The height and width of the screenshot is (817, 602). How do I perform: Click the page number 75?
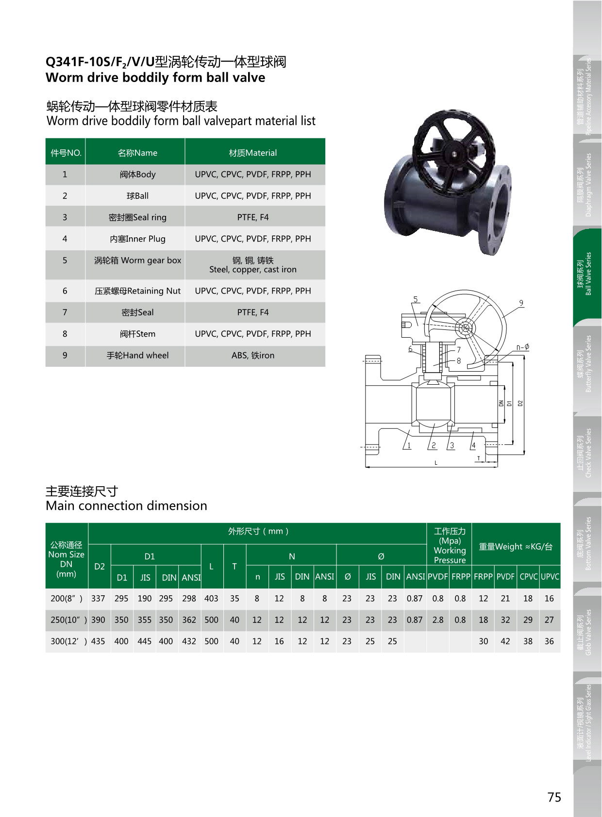[554, 797]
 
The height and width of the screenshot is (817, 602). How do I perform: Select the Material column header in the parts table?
[252, 153]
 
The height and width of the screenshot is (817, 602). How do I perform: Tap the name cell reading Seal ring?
[137, 217]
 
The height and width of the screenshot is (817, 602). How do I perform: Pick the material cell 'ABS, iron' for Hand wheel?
[252, 355]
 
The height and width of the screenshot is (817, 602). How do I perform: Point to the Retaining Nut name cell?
[137, 291]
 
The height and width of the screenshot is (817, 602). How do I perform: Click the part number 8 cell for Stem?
[65, 334]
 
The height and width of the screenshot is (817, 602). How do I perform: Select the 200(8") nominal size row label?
[67, 599]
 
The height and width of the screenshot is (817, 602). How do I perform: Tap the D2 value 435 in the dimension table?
[98, 641]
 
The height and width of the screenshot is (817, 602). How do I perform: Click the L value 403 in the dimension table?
[211, 599]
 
